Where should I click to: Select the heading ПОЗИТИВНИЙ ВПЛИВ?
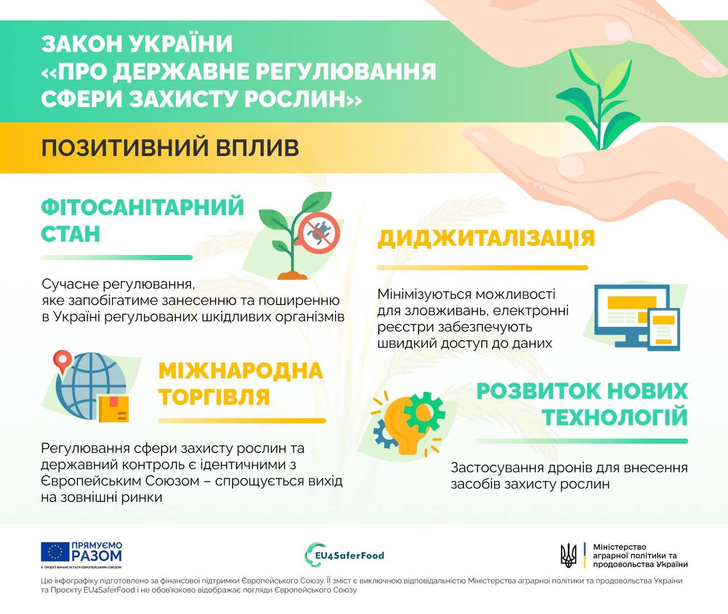click(x=170, y=148)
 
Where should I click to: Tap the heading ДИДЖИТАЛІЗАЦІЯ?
click(x=486, y=238)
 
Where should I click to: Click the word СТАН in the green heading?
click(x=71, y=234)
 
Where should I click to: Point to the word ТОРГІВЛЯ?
click(x=214, y=397)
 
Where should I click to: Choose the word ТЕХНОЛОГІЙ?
click(x=615, y=418)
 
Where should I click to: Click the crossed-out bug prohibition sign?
click(x=319, y=232)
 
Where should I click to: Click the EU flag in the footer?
click(x=55, y=551)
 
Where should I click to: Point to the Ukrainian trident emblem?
click(x=568, y=555)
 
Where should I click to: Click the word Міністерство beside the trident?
click(x=619, y=547)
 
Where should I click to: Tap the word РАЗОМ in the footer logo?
click(x=97, y=555)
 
